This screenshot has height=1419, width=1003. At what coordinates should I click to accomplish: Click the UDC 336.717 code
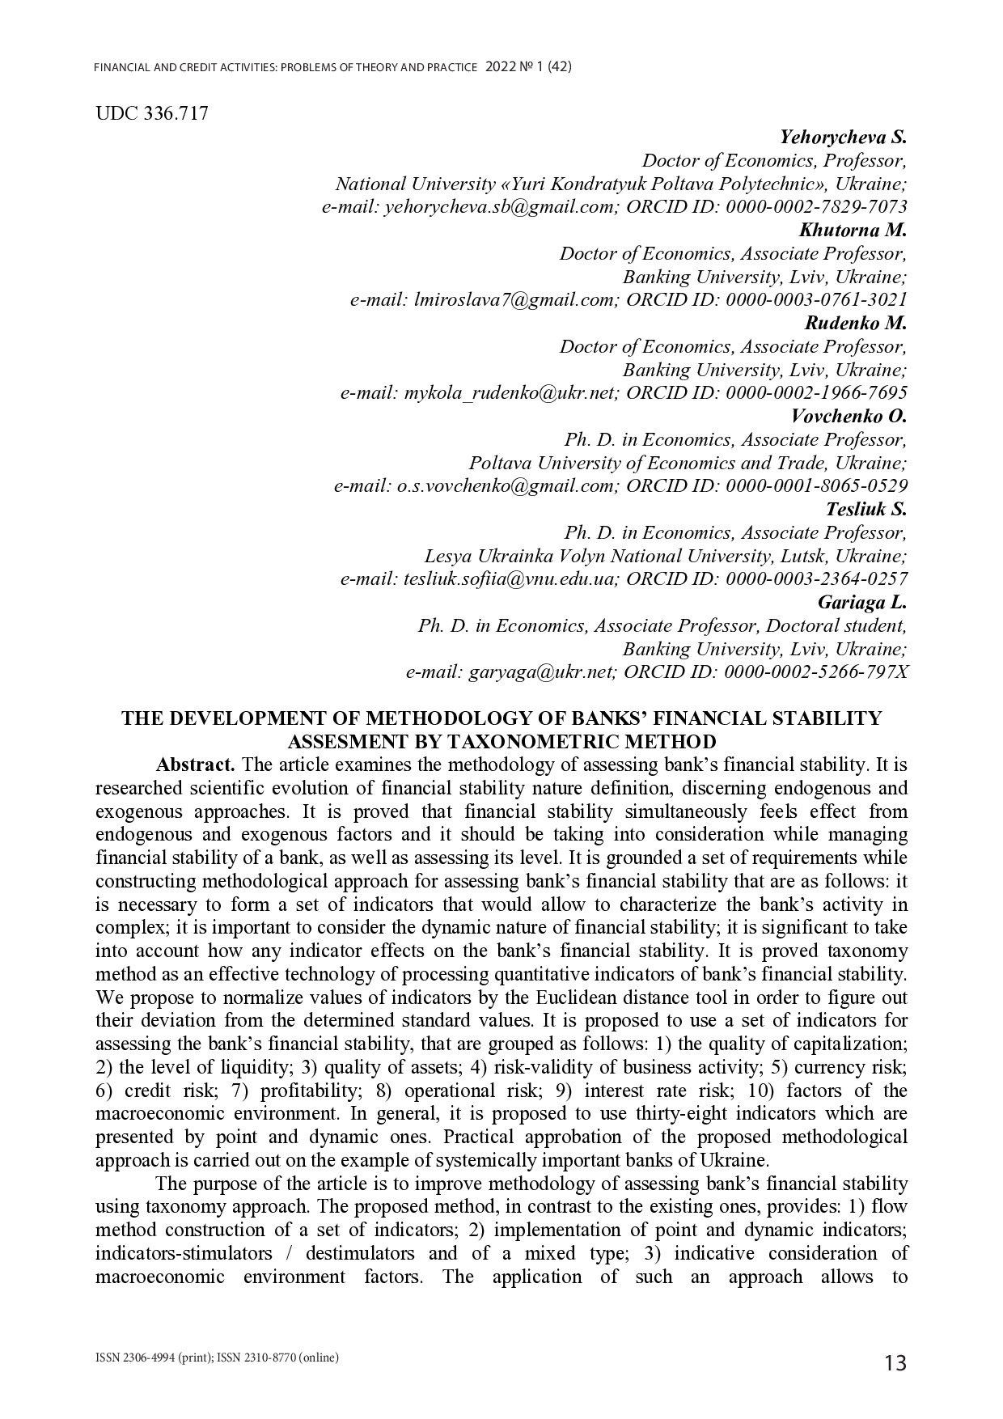[x=151, y=113]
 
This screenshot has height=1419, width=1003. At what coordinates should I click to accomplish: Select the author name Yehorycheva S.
[x=843, y=137]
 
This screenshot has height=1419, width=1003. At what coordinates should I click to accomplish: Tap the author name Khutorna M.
[x=853, y=230]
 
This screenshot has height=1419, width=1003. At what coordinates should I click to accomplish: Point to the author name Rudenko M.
[x=856, y=323]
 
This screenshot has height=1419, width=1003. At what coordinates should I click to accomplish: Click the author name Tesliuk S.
[x=865, y=509]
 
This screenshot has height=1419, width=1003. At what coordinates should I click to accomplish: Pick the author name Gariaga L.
[x=862, y=603]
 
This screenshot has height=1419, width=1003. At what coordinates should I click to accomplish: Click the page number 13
[x=895, y=1363]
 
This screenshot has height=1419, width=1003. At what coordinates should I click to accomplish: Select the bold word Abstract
[x=196, y=765]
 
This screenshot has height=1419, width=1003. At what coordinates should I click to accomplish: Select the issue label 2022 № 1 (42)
[x=529, y=68]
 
